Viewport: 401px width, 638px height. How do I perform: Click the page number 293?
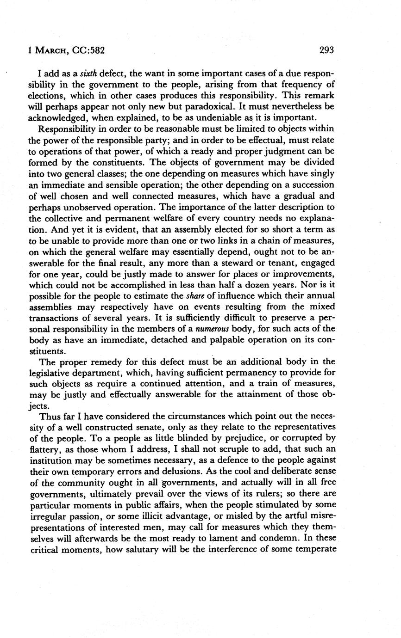(326, 50)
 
